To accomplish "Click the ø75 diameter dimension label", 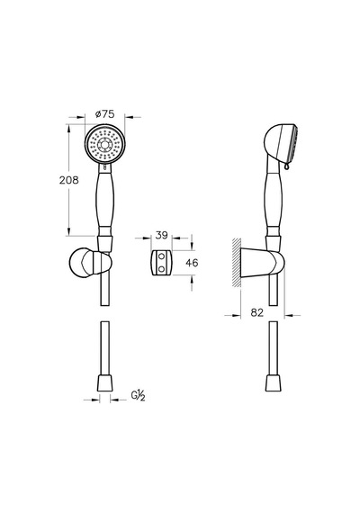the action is tap(104, 114).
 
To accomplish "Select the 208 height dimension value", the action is tap(69, 180).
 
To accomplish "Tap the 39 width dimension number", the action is tap(161, 235).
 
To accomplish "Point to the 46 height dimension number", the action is tap(192, 263).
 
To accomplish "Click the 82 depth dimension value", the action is tap(256, 313).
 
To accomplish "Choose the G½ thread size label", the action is tap(138, 396).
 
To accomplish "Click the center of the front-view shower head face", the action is tap(104, 144).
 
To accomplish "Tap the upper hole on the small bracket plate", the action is tap(161, 256).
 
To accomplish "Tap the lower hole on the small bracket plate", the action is tap(161, 268).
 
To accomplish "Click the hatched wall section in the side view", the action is tap(237, 263).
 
